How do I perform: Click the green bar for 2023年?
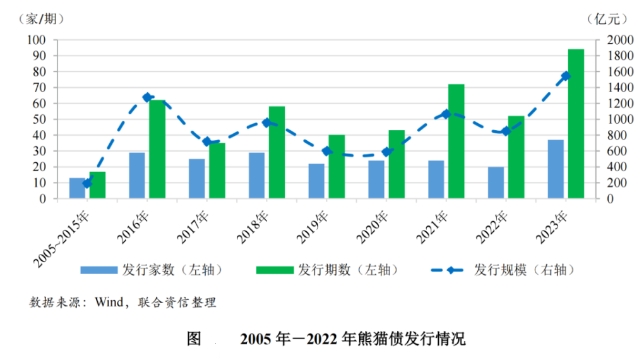[576, 124]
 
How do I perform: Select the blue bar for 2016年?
[137, 175]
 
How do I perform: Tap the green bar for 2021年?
[456, 141]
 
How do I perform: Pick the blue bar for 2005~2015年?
[77, 188]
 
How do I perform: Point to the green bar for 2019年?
[337, 167]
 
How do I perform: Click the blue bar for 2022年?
[496, 183]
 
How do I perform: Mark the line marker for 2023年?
[566, 76]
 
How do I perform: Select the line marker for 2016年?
[147, 97]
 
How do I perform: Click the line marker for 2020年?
[386, 152]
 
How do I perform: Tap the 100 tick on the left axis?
[37, 40]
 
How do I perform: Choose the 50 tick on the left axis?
[40, 119]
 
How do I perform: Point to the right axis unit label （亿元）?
[607, 19]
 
